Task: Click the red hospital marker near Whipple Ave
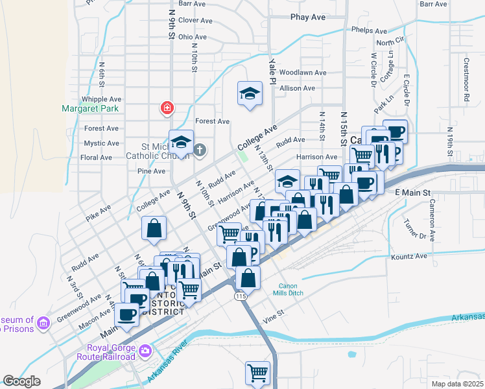[167, 108]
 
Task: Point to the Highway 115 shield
[241, 295]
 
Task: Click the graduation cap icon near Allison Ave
[250, 94]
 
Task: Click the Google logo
[21, 381]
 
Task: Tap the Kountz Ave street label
[410, 256]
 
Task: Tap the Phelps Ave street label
[368, 30]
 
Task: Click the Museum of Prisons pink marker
[43, 322]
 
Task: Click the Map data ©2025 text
[457, 383]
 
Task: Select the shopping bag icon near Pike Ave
[154, 228]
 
